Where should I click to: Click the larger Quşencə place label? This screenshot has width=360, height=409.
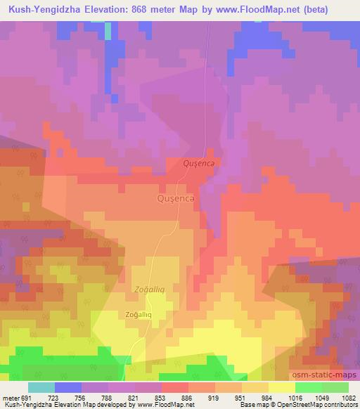(x=176, y=199)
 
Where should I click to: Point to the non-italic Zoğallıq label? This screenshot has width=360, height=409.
(x=139, y=315)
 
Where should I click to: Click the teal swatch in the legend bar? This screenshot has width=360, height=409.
(x=41, y=387)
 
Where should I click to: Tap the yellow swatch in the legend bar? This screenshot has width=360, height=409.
(x=282, y=387)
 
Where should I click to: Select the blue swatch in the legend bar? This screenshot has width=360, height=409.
(x=68, y=387)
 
